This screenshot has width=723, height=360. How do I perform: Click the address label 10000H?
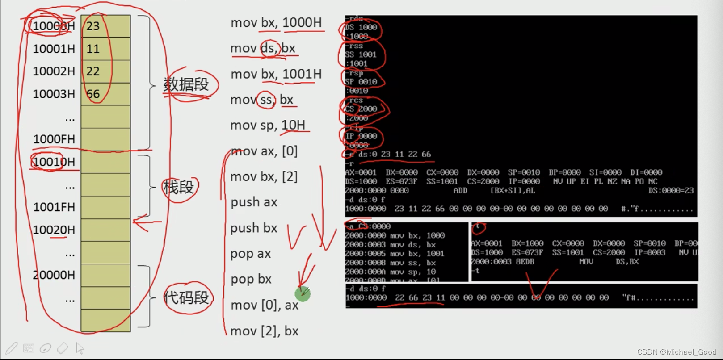point(54,26)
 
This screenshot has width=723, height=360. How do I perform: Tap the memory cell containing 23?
point(105,26)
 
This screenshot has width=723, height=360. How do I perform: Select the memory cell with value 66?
point(105,94)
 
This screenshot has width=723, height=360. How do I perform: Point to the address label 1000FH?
point(54,139)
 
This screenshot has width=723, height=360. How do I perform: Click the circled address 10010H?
point(54,162)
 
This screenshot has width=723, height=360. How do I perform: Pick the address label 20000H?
point(54,275)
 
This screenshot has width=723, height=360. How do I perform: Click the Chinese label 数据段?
point(186,84)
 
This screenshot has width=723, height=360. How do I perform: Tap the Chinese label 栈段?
point(178,187)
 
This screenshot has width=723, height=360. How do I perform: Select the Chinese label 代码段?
point(186,297)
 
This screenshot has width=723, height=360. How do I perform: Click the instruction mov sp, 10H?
point(268,125)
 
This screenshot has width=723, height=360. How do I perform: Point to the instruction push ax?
point(254,202)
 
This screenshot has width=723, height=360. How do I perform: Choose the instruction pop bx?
point(251,279)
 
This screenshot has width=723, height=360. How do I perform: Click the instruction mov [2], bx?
point(264,331)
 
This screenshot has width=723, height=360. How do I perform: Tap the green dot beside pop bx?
point(303,294)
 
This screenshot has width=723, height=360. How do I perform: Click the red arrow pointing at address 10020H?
point(147,222)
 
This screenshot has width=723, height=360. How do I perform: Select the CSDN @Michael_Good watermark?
point(677,352)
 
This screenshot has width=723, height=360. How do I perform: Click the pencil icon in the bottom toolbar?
point(12,348)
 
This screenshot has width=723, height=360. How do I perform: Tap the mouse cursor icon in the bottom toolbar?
point(80,348)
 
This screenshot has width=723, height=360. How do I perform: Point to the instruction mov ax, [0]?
point(264,151)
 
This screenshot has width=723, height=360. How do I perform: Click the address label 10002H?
point(54,71)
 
